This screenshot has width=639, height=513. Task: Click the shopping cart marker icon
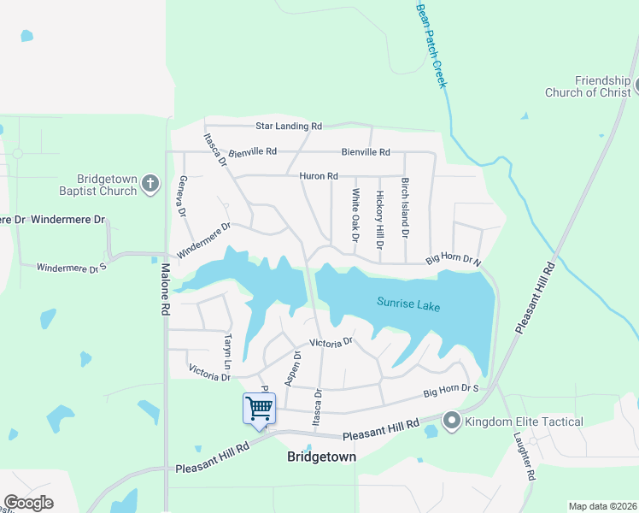[259, 408]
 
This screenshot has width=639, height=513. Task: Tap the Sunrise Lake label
[409, 304]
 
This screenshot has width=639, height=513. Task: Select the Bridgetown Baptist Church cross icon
[150, 184]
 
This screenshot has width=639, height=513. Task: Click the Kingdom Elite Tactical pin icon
[451, 422]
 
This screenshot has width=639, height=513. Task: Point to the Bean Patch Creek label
[431, 44]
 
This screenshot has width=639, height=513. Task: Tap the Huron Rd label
[319, 176]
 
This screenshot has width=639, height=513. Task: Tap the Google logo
[28, 503]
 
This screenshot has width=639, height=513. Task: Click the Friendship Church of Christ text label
[591, 86]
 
